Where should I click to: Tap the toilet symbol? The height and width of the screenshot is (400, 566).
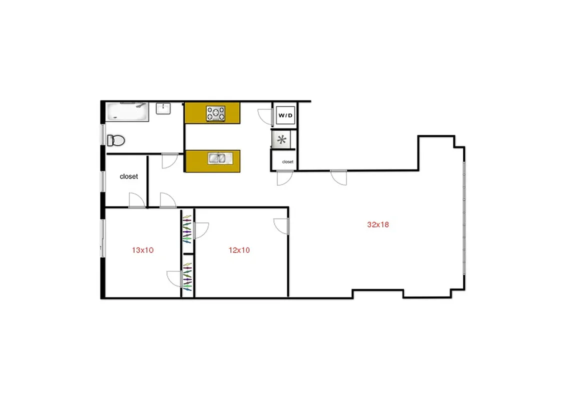[115, 140]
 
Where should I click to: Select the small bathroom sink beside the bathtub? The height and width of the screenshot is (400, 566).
[163, 108]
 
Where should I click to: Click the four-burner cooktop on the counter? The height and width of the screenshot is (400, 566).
[216, 113]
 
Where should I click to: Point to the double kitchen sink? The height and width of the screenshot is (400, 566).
[220, 158]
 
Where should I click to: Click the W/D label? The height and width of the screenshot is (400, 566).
[285, 115]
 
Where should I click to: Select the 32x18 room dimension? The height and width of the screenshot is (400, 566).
[378, 224]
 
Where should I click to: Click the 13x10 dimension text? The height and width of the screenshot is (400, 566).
[142, 250]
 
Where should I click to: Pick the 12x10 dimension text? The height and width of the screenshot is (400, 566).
[239, 250]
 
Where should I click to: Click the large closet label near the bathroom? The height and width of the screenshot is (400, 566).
[129, 176]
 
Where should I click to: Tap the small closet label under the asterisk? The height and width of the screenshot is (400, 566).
[287, 162]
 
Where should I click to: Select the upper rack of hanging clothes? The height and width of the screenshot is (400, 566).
[187, 228]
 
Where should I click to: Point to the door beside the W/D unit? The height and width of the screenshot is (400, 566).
[264, 116]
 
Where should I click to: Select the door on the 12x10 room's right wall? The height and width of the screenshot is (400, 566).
[281, 225]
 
